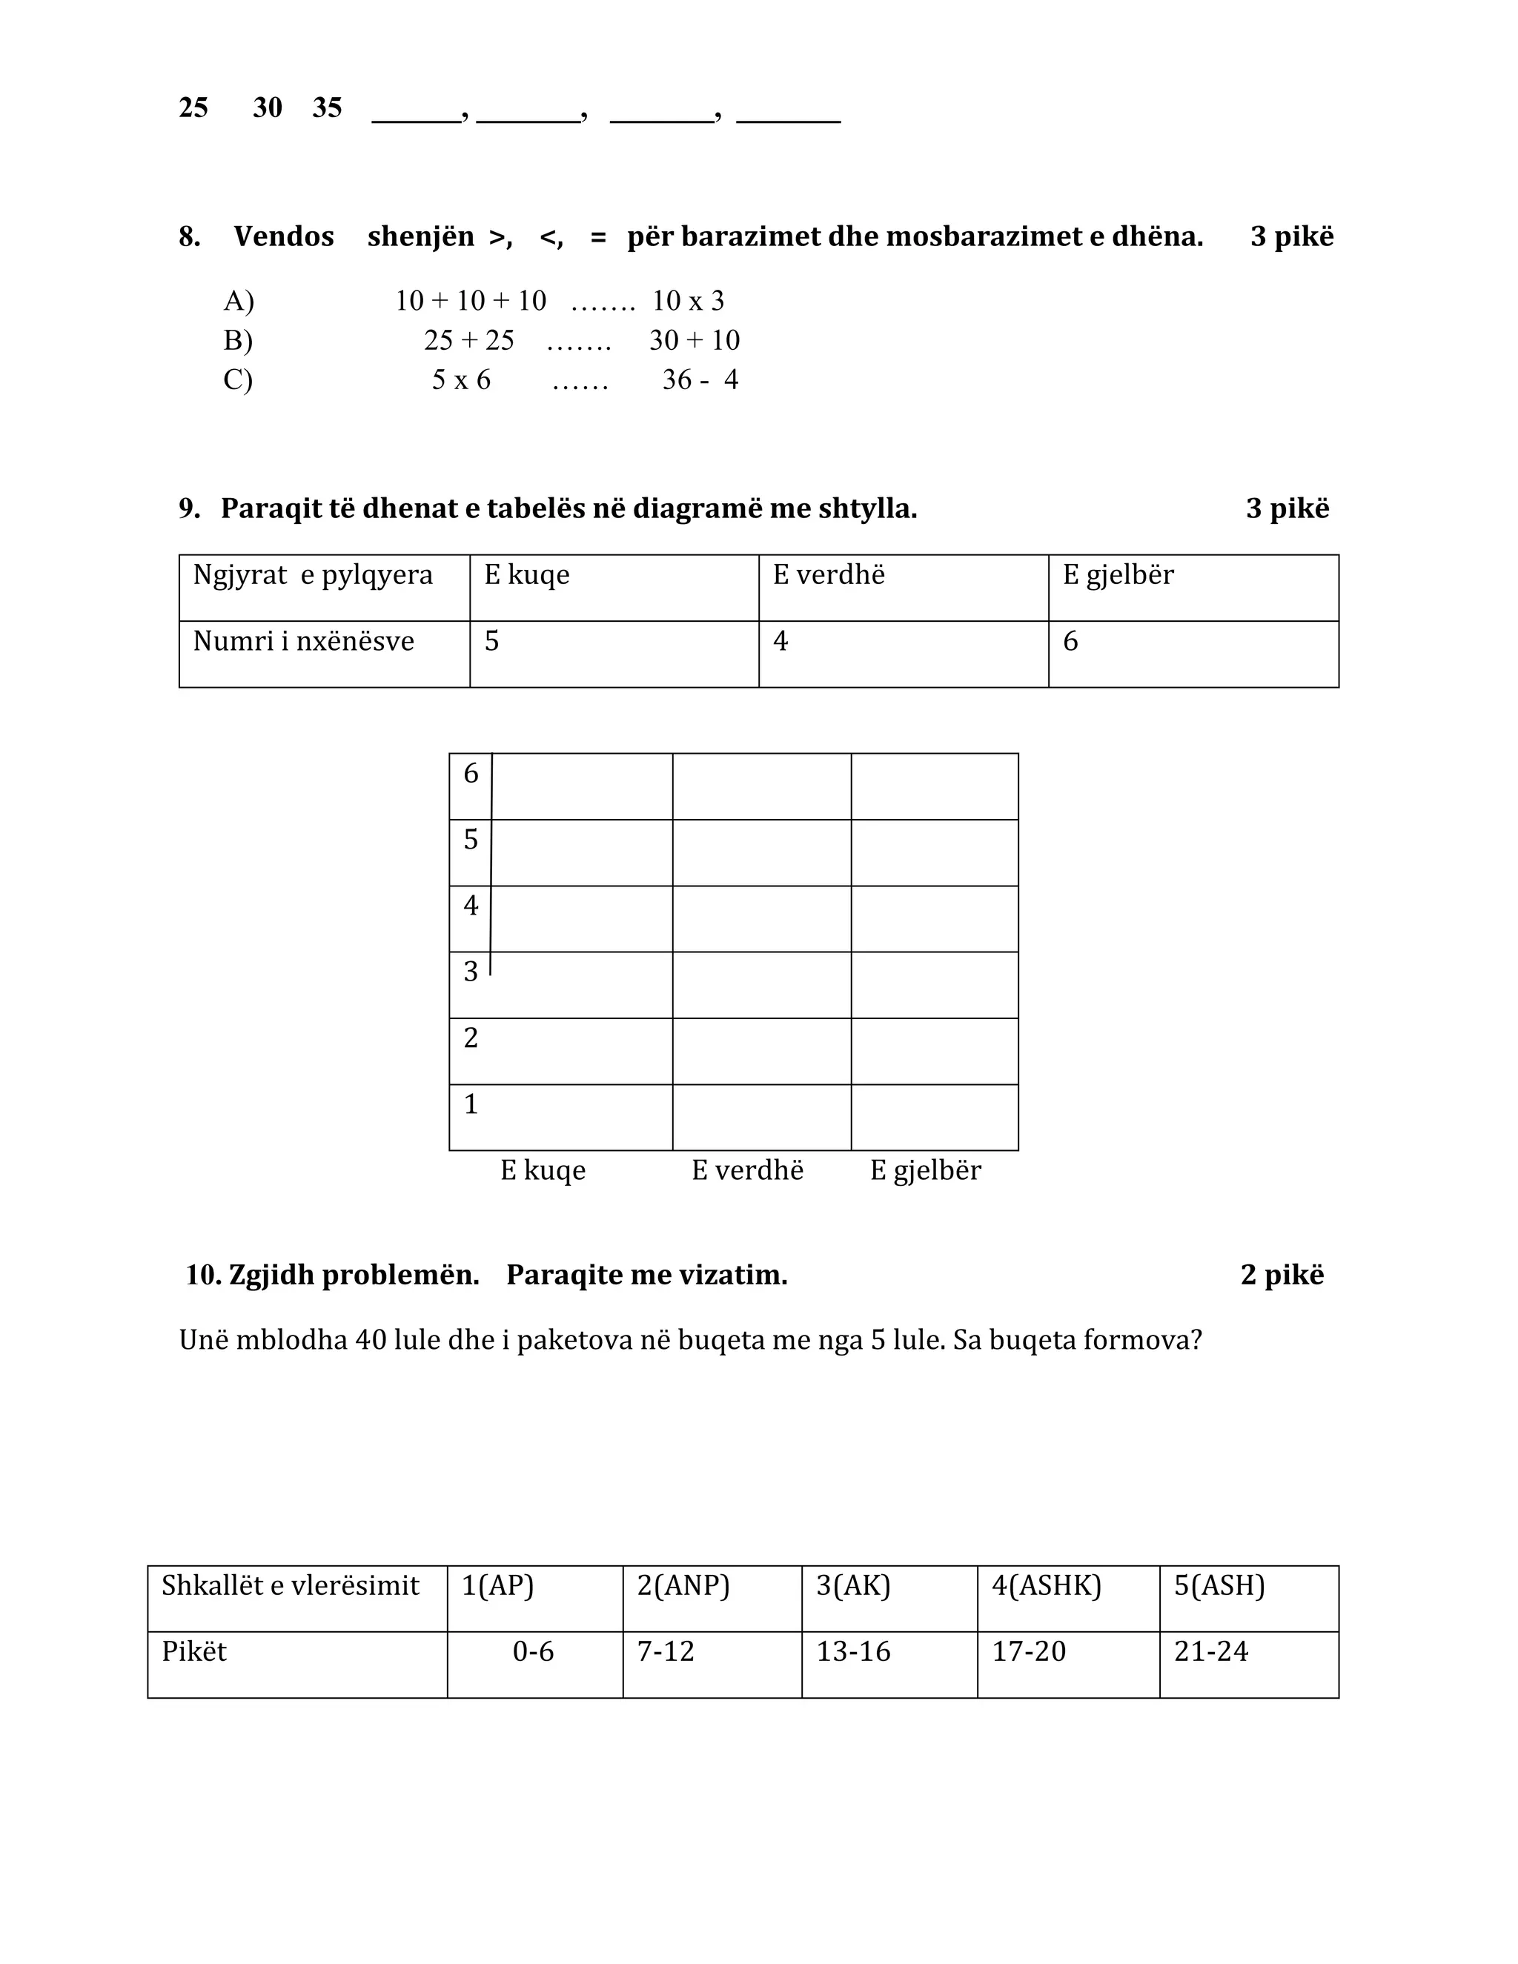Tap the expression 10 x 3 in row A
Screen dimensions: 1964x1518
click(688, 300)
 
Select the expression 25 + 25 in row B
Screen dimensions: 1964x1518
click(468, 340)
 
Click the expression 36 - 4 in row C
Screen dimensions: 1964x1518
click(700, 379)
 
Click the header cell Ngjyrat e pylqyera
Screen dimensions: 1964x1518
click(312, 574)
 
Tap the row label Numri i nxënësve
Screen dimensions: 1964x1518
click(303, 641)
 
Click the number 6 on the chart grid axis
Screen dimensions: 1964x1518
click(471, 773)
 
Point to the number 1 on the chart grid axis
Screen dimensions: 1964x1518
click(471, 1104)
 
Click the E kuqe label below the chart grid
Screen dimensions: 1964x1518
click(543, 1170)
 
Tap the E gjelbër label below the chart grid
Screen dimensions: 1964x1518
click(925, 1170)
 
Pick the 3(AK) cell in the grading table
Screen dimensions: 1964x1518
click(852, 1585)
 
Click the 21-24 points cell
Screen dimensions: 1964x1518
click(1210, 1652)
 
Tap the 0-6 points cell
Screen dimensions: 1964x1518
click(532, 1652)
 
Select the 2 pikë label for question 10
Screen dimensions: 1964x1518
click(1282, 1275)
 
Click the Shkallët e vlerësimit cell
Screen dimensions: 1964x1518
click(290, 1585)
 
